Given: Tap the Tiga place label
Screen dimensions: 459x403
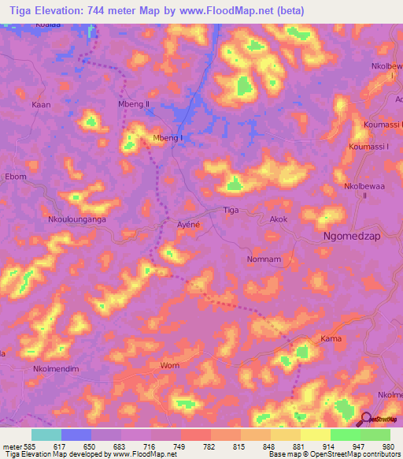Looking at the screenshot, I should coord(231,211).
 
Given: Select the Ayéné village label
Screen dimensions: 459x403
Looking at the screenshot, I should coord(187,224).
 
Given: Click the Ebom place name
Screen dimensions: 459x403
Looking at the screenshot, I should coord(16,177).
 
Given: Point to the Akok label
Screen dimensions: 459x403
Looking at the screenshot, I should coord(279,220).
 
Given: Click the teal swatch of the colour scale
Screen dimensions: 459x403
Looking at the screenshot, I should coord(46,435).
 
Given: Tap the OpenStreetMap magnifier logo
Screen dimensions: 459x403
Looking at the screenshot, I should coord(366,420).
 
